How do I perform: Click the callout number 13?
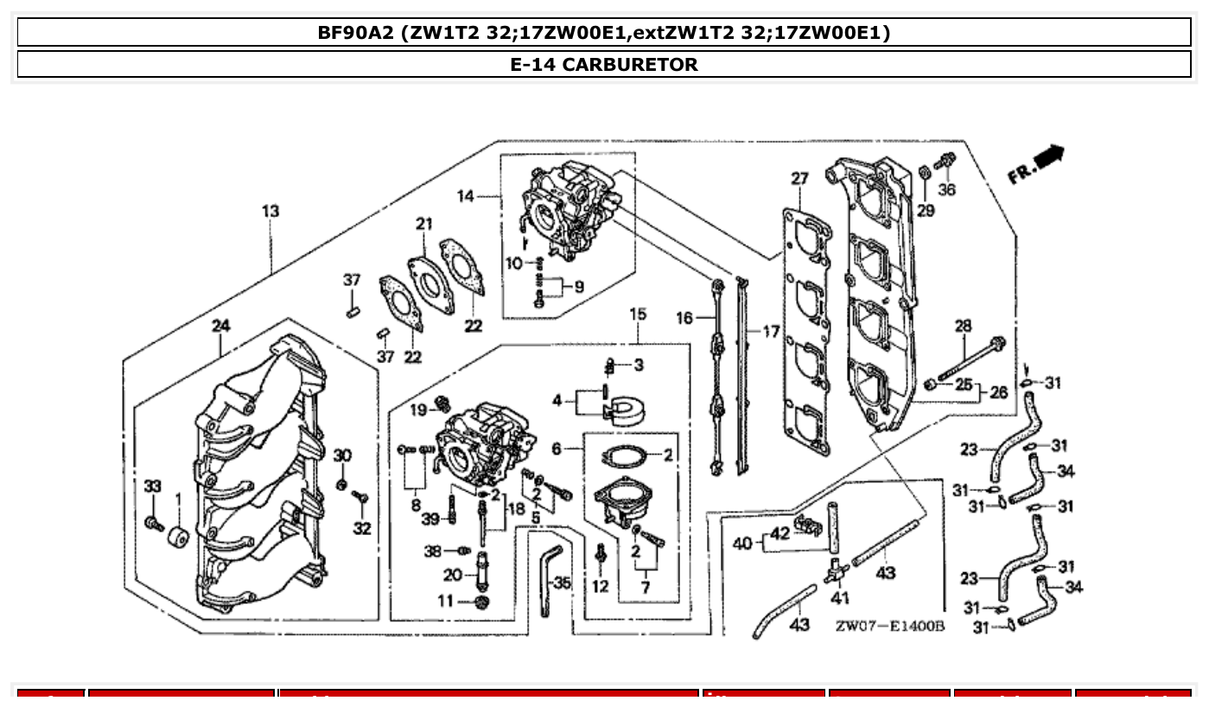coord(270,211)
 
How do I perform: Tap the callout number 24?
coord(221,325)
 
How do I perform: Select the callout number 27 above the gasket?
coord(799,179)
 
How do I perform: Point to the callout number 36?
coord(947,189)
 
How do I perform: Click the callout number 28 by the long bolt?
coord(963,326)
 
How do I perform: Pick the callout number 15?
coord(638,314)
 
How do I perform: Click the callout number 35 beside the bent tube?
coord(562,583)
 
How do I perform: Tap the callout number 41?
coord(839,597)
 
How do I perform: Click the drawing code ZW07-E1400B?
coord(889,625)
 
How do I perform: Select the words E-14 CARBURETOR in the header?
coord(604,64)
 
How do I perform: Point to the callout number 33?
coord(153,487)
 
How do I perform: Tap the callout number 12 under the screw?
coord(601,587)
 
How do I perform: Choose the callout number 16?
coord(684,318)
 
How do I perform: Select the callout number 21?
coord(423,224)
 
